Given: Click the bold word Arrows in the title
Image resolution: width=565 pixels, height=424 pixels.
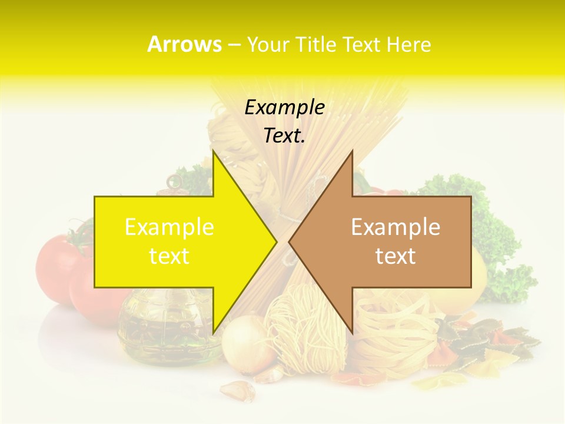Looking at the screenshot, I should (184, 44).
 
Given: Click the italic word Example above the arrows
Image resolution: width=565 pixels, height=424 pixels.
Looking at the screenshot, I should (284, 108).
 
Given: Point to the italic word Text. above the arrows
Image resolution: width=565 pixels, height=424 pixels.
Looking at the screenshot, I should (284, 136).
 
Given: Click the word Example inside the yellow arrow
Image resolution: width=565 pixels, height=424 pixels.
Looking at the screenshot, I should (169, 227).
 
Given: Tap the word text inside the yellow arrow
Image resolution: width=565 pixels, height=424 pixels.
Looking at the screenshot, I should (169, 256).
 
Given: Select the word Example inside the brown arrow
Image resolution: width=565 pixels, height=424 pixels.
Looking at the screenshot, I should (395, 227).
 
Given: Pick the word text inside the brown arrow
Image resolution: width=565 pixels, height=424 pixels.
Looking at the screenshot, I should (395, 256).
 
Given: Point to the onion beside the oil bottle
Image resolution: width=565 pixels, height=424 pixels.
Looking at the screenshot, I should (244, 344).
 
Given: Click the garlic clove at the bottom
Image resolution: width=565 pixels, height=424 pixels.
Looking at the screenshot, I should (237, 389).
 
